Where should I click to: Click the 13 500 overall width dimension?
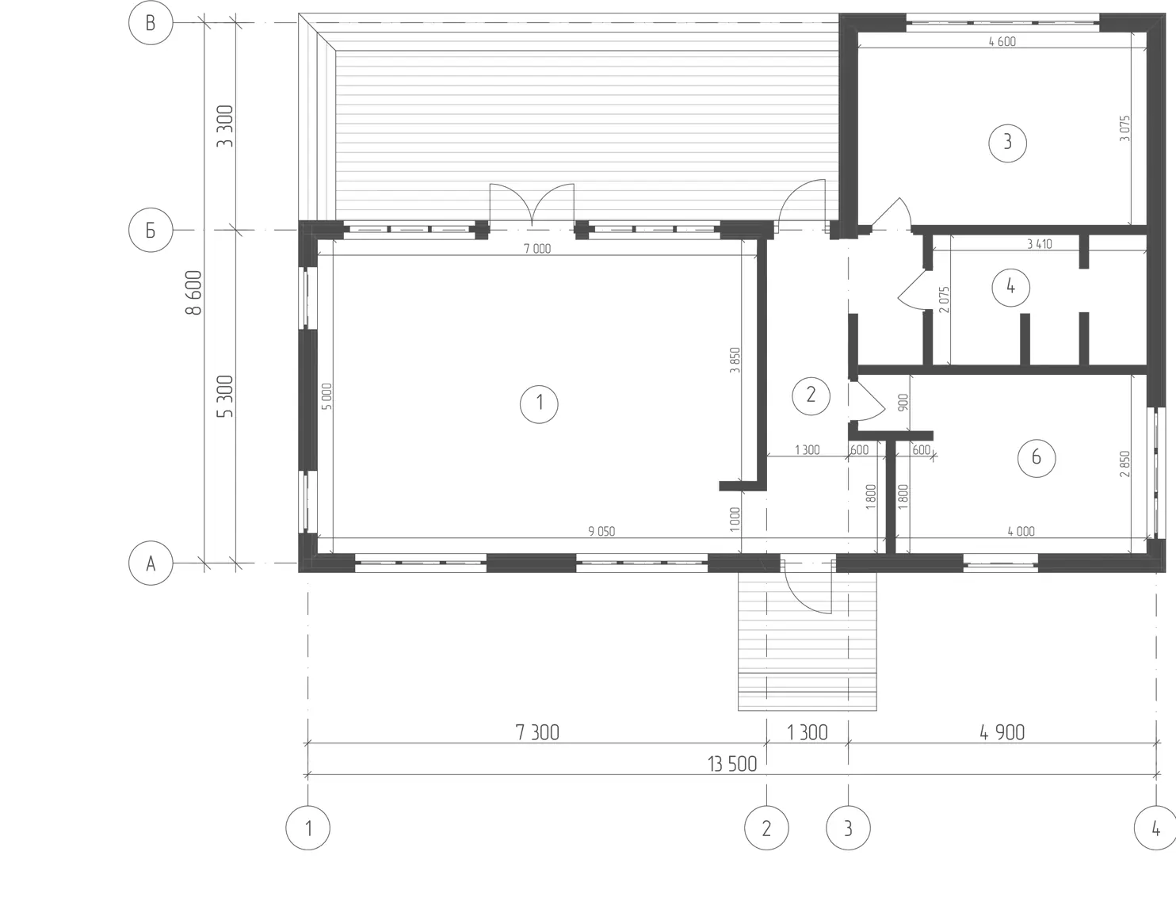click(x=731, y=764)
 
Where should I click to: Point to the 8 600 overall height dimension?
click(x=193, y=292)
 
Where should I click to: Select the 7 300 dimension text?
click(x=537, y=732)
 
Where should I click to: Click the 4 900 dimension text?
click(x=1002, y=732)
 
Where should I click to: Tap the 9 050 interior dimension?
click(x=601, y=531)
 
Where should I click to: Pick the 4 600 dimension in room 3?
click(x=1002, y=42)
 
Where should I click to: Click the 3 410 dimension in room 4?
click(x=1040, y=244)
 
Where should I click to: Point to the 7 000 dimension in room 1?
click(x=537, y=248)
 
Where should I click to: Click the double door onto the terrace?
click(x=532, y=205)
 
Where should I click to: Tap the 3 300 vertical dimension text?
click(x=225, y=126)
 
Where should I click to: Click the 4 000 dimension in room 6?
click(x=1021, y=531)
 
